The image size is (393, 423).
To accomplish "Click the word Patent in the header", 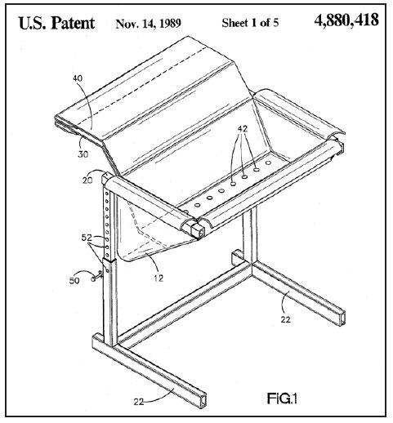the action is click(x=73, y=23).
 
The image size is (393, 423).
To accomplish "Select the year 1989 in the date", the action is click(x=170, y=24).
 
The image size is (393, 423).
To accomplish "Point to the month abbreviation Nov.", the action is click(x=125, y=24).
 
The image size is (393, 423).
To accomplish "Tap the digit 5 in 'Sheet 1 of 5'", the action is click(x=275, y=23).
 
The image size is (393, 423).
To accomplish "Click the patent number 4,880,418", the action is click(x=346, y=20).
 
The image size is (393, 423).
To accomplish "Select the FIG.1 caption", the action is click(x=282, y=399).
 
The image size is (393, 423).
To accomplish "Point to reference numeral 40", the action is click(x=78, y=78).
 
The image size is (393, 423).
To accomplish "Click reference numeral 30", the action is click(x=83, y=154).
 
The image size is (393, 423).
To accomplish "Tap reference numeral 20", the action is click(x=87, y=180).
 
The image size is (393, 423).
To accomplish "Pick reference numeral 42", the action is click(x=243, y=129).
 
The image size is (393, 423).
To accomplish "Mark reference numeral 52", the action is click(x=87, y=238).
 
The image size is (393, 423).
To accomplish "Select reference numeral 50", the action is click(x=74, y=281).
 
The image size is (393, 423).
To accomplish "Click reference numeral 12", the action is click(x=159, y=278).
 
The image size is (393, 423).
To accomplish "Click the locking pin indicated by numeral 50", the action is click(x=97, y=277).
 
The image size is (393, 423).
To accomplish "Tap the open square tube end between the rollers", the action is click(x=198, y=229).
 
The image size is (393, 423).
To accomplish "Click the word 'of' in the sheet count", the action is click(x=264, y=23).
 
